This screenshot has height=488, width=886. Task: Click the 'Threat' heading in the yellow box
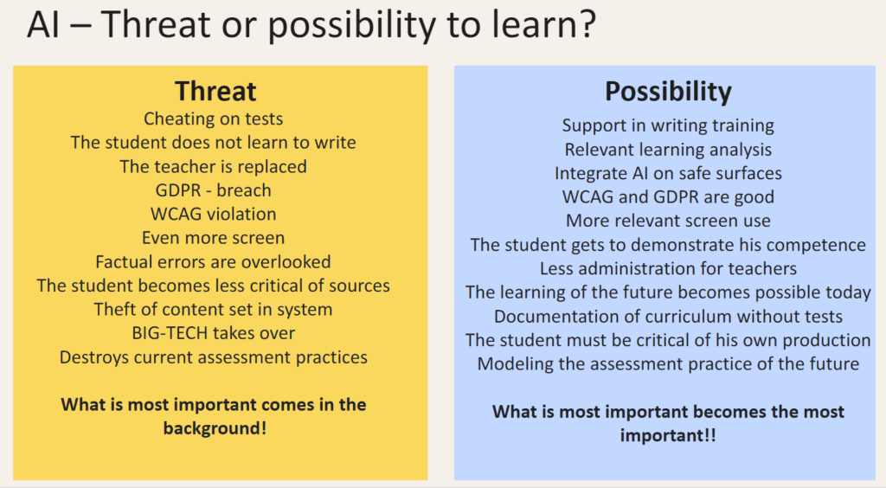tap(215, 92)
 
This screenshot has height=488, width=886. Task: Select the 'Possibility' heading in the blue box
tap(668, 92)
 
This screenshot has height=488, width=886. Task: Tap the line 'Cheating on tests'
tap(213, 119)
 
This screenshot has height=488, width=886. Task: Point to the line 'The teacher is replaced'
tap(213, 167)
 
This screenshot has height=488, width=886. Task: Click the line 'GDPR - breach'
tap(213, 190)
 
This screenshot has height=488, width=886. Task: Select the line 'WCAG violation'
tap(213, 214)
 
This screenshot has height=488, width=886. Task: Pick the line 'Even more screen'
tap(213, 238)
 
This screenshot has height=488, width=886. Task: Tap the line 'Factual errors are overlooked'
tap(213, 262)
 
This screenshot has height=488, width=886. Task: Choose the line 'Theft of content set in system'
tap(213, 310)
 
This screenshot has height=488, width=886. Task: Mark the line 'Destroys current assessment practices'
tap(213, 357)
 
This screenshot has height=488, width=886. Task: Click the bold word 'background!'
tap(215, 428)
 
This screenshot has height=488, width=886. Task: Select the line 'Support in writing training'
tap(668, 125)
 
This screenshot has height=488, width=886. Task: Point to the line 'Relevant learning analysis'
tap(668, 150)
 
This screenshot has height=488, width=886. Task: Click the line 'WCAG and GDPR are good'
tap(668, 197)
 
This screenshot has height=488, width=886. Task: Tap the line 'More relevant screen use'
tap(668, 221)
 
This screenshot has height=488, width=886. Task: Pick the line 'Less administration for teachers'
tap(668, 268)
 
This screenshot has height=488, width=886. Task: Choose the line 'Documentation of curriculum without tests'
tap(668, 317)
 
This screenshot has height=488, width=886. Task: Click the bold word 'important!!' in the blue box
tap(668, 435)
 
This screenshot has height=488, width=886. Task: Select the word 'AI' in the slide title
tap(43, 24)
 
